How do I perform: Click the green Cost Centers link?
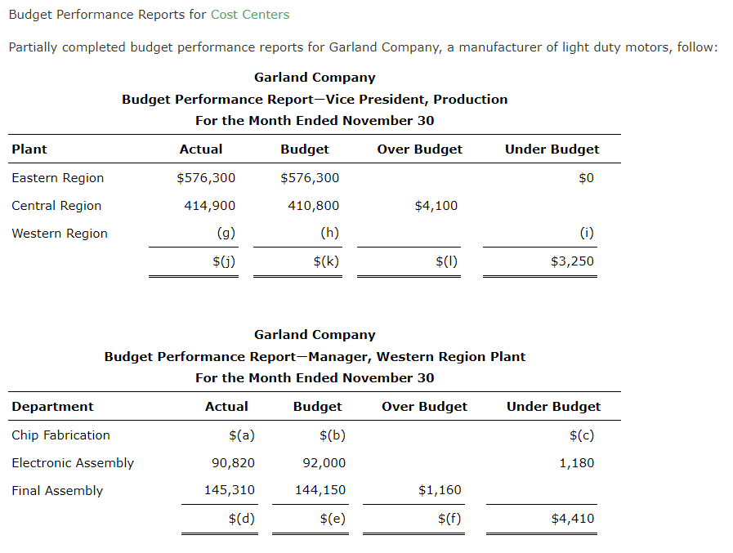(x=249, y=15)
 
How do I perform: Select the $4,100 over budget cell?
(x=436, y=206)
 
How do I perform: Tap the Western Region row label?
(x=60, y=234)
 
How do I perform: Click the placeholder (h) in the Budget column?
(x=329, y=233)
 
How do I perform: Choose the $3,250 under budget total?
(x=572, y=261)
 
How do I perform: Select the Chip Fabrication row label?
(x=60, y=435)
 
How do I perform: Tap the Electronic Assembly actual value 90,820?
(x=233, y=463)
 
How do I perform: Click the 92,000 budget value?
(x=324, y=463)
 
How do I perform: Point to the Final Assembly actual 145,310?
(x=229, y=490)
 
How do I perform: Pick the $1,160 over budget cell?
(x=440, y=490)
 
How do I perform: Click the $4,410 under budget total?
(x=572, y=519)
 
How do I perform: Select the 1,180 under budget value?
(x=576, y=463)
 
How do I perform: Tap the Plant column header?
(x=29, y=149)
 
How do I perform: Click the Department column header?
(x=52, y=407)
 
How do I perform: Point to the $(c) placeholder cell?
(x=581, y=435)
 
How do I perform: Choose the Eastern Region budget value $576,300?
(x=310, y=178)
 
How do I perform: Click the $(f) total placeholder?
(x=449, y=519)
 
